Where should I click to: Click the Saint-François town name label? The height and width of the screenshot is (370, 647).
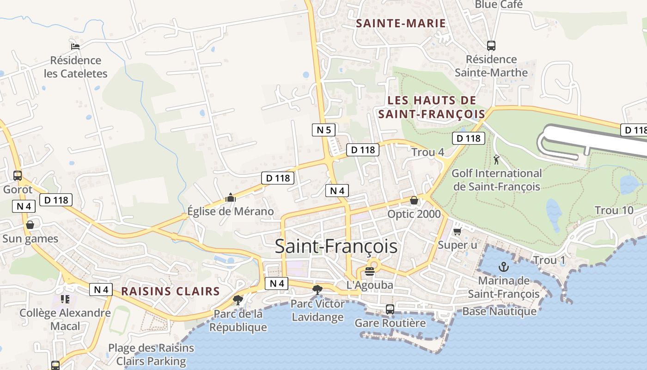pos(336,247)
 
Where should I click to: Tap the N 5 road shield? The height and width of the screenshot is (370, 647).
pos(323,130)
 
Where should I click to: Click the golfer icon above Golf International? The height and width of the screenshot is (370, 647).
pos(497,160)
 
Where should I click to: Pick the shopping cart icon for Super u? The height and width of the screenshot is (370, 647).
pos(458,231)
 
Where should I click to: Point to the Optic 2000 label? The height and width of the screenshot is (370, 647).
pos(414,214)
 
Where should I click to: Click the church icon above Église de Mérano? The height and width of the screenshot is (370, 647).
pos(230,198)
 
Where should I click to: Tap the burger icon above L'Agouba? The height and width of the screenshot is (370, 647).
pos(369,271)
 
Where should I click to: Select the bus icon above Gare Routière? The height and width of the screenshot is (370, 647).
pos(390,309)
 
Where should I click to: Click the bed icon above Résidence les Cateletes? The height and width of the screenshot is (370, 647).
pos(75,46)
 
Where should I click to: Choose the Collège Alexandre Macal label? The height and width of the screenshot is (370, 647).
pos(65,319)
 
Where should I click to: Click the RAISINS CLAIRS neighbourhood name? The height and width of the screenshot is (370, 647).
pos(170,291)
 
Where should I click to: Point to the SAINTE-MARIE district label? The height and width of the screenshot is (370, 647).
pos(401,23)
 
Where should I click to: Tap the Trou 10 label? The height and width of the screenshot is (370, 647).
pos(614,210)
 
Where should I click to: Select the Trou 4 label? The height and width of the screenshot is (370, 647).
pos(427,152)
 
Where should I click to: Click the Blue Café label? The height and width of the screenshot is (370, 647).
pos(499,5)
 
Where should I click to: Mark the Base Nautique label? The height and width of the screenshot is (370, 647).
pos(500,311)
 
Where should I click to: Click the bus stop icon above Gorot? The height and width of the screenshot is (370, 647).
pos(18,176)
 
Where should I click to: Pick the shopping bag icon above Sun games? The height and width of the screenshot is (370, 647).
pos(30,225)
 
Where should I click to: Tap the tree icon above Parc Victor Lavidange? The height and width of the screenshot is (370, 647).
pos(317,290)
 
